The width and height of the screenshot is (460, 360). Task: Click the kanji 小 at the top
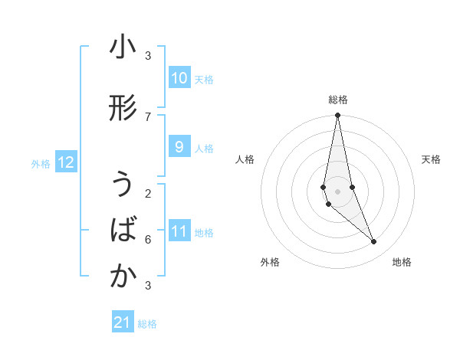coord(123,48)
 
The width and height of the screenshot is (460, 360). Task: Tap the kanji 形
coord(123,108)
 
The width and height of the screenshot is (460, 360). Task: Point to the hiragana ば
coord(123,231)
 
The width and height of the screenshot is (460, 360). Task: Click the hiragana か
coord(123,277)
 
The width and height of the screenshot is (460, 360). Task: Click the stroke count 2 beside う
coord(148,193)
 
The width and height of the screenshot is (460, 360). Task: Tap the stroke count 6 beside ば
coord(148,239)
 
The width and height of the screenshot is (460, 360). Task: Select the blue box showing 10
coord(179,78)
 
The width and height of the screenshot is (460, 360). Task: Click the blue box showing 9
coord(179,147)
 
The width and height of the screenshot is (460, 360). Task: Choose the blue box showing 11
coord(179,231)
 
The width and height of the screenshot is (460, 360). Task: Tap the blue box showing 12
coord(65,162)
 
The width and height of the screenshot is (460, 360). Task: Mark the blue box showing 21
coord(123,322)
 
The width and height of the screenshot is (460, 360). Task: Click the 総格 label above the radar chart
coord(338,100)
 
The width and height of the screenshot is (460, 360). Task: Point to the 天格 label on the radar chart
coord(431,159)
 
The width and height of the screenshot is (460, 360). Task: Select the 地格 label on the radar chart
coord(402,262)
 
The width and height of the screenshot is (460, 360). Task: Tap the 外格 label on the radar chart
coord(270,262)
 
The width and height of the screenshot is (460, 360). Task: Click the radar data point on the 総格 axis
coord(338,116)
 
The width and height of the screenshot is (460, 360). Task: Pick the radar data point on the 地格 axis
coord(374,242)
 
